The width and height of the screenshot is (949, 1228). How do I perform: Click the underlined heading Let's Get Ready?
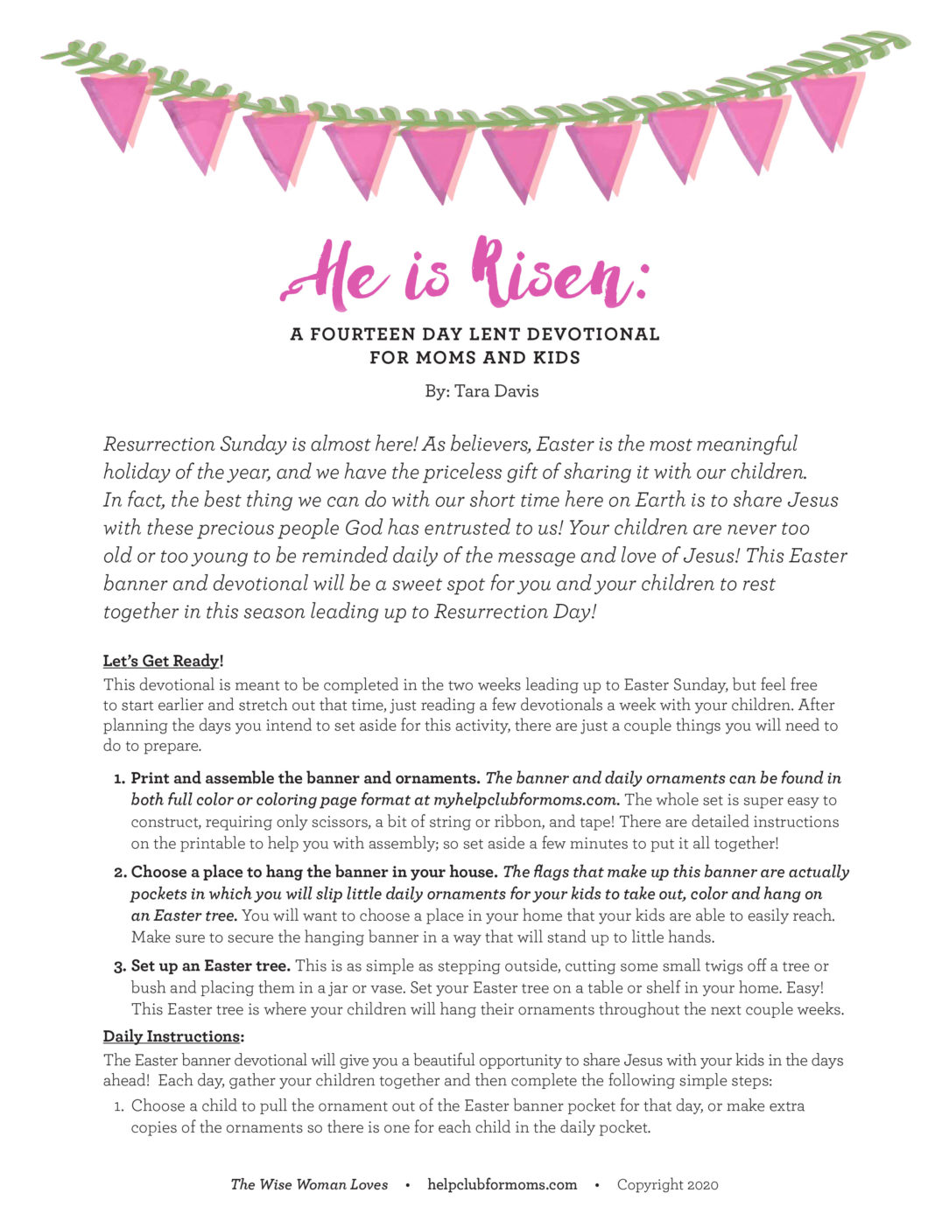pos(162,661)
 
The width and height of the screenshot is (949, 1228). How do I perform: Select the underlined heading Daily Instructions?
pos(172,1036)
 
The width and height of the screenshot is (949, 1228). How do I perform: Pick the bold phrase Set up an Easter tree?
pos(210,966)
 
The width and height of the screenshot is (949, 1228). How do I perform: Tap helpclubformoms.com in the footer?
pos(502,1185)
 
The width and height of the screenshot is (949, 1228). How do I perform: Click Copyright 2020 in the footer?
pos(667,1185)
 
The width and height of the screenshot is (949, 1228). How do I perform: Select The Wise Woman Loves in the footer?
pos(309,1185)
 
